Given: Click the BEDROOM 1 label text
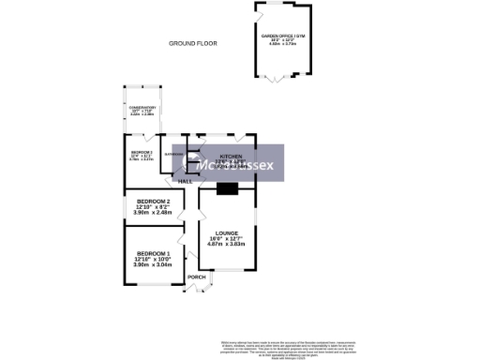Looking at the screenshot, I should click(154, 255).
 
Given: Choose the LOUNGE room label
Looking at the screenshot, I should click(227, 232).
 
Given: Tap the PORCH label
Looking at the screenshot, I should click(197, 277).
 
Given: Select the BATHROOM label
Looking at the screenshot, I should click(174, 154).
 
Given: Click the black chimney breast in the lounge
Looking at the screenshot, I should click(227, 188).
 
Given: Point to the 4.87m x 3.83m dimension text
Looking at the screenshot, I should click(227, 244).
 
